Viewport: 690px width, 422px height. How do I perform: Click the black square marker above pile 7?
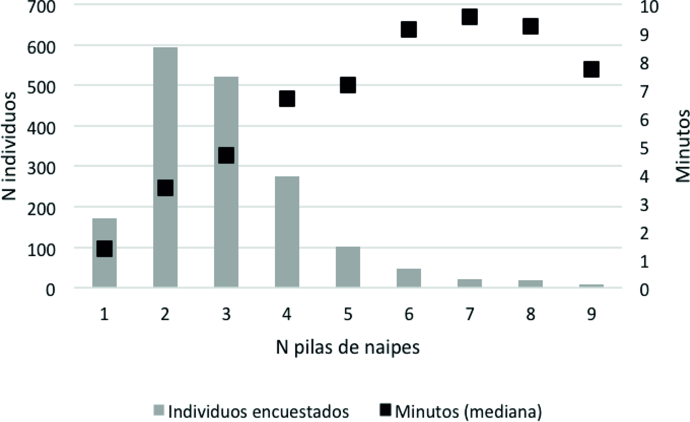click(470, 17)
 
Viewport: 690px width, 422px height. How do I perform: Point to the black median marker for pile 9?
click(591, 69)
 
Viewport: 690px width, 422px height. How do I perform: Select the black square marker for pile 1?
click(104, 248)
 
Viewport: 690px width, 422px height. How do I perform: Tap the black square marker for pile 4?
click(287, 99)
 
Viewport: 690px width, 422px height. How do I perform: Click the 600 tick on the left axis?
click(41, 48)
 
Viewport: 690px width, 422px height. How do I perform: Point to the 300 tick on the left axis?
click(41, 169)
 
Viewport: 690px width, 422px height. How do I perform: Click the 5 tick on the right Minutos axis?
click(644, 148)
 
